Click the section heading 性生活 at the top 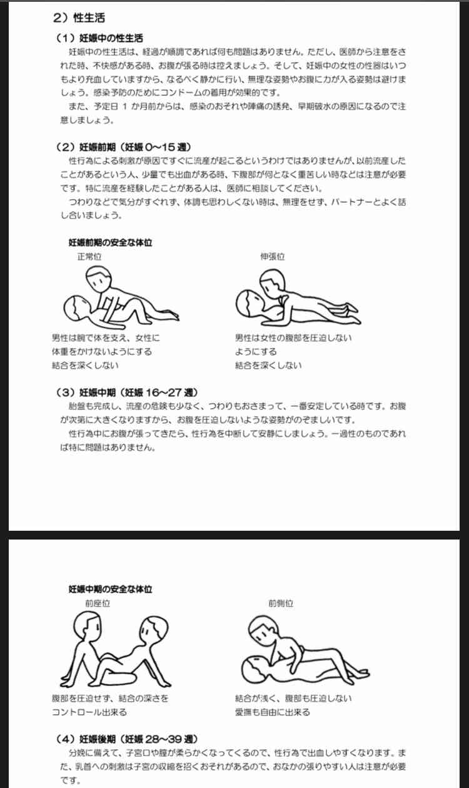[x=89, y=18]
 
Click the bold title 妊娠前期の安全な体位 [x=110, y=242]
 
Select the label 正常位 [x=89, y=257]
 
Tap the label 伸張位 [x=273, y=257]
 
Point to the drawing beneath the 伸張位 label [x=298, y=297]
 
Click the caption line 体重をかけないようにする [x=102, y=351]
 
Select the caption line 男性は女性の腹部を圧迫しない [x=293, y=338]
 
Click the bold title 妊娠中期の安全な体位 [x=110, y=589]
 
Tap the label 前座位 [x=98, y=603]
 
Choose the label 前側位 [x=281, y=603]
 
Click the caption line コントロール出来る [x=89, y=712]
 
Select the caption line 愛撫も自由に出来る [x=273, y=712]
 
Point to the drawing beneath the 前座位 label [x=116, y=650]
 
